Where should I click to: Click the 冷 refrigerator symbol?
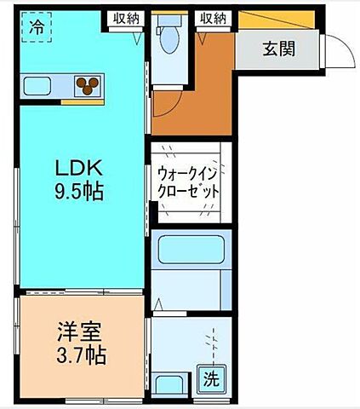pos(36,26)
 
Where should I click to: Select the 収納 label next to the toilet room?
pos(213,18)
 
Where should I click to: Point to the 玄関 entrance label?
pos(278,49)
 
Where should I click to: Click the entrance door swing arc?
pos(340,51)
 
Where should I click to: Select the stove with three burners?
pos(88,84)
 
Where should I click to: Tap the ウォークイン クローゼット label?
pos(188,180)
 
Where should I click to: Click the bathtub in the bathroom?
pos(190,251)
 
